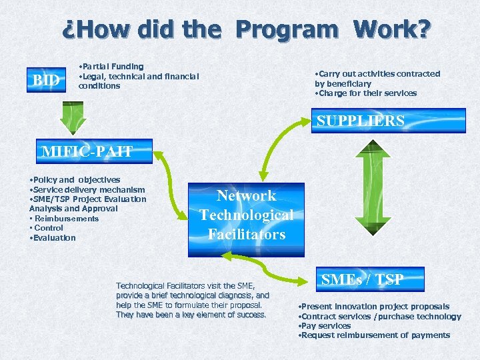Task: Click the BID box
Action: click(47, 81)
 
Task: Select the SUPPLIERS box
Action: click(359, 121)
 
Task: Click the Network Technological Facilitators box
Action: click(246, 215)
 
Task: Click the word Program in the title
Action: click(287, 29)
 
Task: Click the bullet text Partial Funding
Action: click(111, 67)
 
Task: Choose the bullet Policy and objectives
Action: click(75, 179)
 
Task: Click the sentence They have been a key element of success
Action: click(191, 315)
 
